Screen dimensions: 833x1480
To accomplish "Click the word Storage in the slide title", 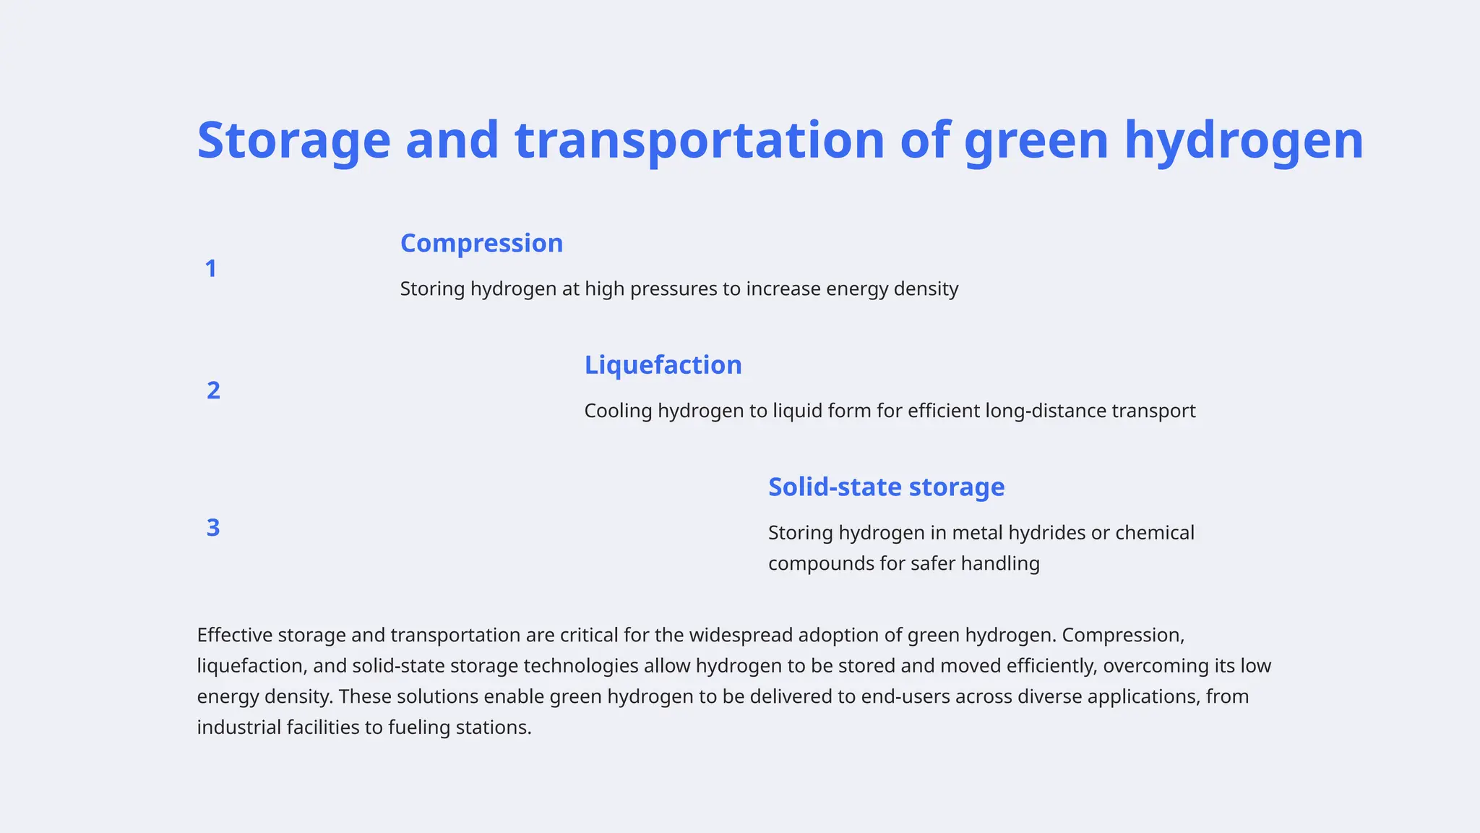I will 293,140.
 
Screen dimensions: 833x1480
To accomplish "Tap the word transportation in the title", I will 699,140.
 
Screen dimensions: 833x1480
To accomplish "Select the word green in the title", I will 1036,140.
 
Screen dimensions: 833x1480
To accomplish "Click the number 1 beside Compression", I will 210,269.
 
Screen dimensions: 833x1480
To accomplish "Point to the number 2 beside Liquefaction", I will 213,390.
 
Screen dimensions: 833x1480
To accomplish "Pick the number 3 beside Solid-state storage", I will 213,528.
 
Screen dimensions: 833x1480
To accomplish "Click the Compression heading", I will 481,243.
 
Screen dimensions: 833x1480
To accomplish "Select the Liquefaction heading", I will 663,365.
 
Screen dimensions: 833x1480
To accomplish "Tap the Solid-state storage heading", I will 886,487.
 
